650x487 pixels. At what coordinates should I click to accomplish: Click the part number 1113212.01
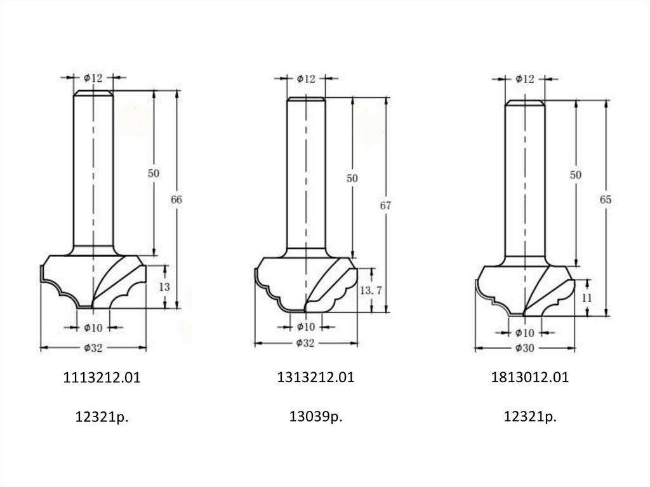102,378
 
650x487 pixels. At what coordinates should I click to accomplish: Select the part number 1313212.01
316,377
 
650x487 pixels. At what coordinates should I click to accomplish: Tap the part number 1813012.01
530,377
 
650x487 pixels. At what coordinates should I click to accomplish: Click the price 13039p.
316,416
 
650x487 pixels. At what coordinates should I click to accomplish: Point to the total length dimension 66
176,199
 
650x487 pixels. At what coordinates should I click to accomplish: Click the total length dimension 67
385,205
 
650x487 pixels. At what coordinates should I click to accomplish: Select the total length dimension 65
606,199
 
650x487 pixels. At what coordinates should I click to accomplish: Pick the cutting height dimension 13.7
371,290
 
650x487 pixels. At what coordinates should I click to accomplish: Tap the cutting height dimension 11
587,297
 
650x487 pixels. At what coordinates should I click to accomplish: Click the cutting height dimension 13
164,286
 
